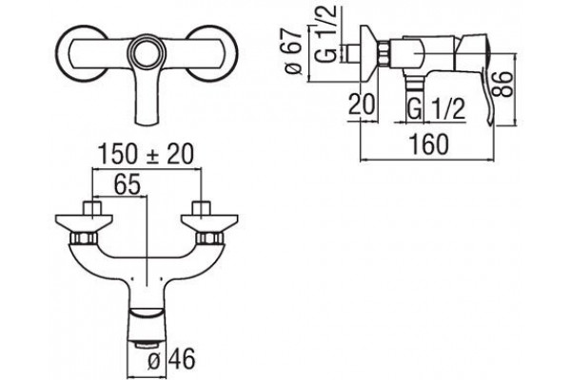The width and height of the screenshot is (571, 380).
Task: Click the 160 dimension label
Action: tap(429, 144)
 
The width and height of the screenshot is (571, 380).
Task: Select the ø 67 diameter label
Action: tap(294, 51)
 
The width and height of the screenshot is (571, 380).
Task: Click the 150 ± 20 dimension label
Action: tap(146, 154)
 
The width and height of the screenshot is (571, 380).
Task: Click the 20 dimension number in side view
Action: tap(362, 104)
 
